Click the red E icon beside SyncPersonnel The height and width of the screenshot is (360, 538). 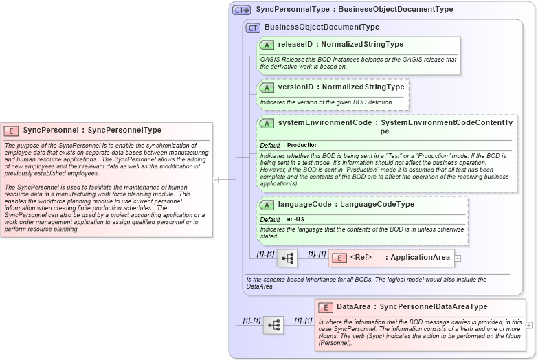point(12,130)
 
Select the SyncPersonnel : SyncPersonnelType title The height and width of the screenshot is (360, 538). point(92,130)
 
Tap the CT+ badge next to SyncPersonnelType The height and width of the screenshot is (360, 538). point(241,10)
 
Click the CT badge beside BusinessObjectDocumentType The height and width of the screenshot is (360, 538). point(254,27)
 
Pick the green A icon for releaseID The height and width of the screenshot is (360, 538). point(267,45)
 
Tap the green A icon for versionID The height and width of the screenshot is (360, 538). point(267,87)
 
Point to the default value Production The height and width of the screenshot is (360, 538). point(302,145)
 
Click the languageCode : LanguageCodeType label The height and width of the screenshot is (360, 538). point(346,204)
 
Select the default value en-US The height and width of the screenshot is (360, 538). point(296,219)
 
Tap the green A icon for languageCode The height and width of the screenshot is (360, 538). point(267,205)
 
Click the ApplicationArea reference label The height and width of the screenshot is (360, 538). point(401,258)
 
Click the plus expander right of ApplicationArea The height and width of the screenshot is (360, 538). point(458,258)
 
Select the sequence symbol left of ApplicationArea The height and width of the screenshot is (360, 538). point(287,258)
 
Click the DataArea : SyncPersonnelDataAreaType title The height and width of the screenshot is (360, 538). point(412,306)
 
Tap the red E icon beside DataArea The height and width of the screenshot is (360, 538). point(326,307)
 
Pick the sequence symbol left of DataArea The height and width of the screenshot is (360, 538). point(273,325)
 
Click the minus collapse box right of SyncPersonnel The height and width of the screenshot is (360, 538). point(216,180)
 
